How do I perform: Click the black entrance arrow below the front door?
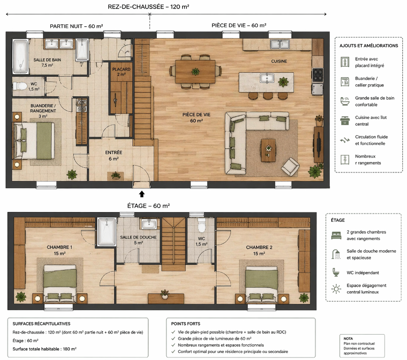(142, 194)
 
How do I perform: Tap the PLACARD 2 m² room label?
(121, 72)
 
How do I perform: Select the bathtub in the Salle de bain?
(20, 56)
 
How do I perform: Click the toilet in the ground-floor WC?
(20, 85)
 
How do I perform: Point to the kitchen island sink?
(267, 78)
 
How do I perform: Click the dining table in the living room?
(195, 72)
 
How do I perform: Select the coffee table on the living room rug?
(269, 150)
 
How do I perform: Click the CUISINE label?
(279, 61)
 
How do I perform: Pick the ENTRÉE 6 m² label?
(113, 156)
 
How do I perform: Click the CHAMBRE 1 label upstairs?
(60, 247)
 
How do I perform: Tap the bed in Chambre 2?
(261, 284)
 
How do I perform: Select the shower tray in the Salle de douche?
(107, 232)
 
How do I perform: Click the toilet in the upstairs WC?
(201, 225)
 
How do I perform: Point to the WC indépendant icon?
(336, 273)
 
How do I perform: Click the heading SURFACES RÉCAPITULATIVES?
(42, 324)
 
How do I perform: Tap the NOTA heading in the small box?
(348, 339)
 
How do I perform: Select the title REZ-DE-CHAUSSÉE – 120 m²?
(149, 7)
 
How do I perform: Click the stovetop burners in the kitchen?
(317, 75)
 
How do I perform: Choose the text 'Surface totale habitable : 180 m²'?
(44, 349)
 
